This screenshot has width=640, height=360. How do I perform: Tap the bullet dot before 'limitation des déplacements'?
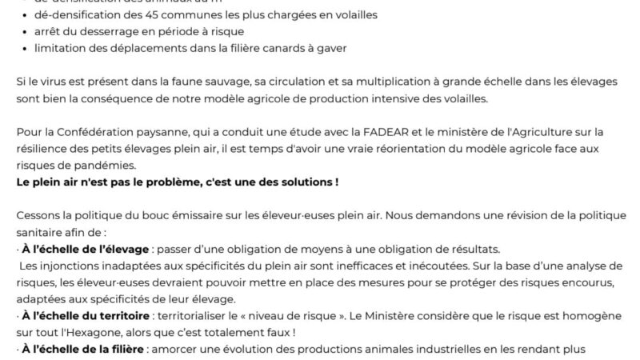pos(26,49)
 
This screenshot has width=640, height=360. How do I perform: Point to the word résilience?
pos(41,148)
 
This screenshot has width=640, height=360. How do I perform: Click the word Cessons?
pos(38,215)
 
